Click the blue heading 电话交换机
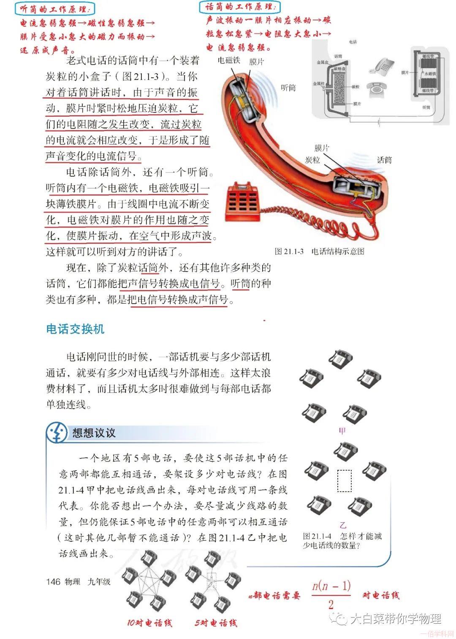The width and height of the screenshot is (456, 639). pyautogui.click(x=75, y=329)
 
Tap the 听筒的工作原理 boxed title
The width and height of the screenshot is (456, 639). pyautogui.click(x=55, y=8)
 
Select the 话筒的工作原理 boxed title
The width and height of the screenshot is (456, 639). pyautogui.click(x=239, y=6)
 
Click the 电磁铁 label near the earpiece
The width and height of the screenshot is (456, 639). pyautogui.click(x=229, y=60)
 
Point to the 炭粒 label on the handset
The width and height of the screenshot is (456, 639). pyautogui.click(x=313, y=159)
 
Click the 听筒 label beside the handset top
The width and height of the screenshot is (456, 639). pyautogui.click(x=288, y=88)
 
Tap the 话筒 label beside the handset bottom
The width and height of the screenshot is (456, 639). pyautogui.click(x=384, y=160)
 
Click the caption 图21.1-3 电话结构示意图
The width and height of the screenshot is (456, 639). pyautogui.click(x=319, y=251)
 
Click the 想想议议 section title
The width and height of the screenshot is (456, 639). pyautogui.click(x=94, y=433)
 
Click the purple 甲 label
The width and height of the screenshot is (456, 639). pyautogui.click(x=342, y=431)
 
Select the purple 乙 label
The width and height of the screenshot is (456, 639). pyautogui.click(x=343, y=525)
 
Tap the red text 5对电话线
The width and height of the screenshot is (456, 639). pyautogui.click(x=216, y=623)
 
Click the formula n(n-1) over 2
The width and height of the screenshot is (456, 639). pyautogui.click(x=331, y=594)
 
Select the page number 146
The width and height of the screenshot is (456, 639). pyautogui.click(x=53, y=581)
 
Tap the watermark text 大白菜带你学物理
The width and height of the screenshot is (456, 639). pyautogui.click(x=395, y=619)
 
